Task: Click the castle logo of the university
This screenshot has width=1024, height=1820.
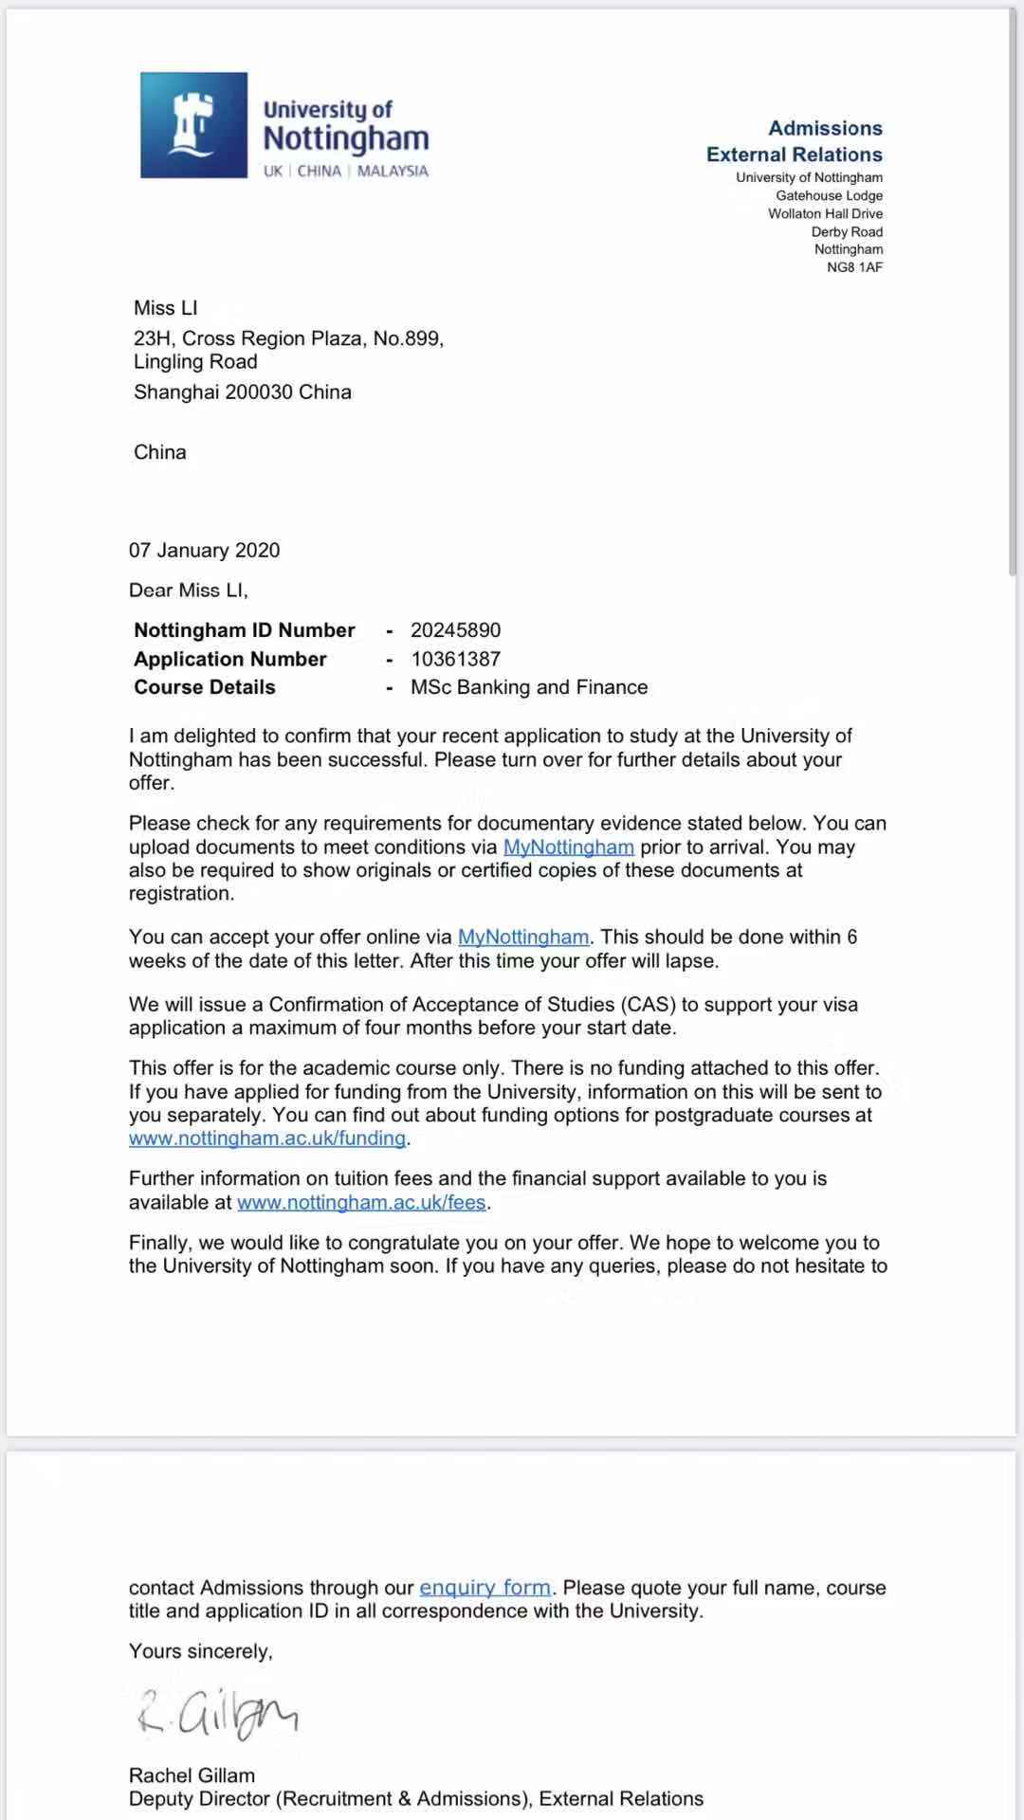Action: tap(193, 125)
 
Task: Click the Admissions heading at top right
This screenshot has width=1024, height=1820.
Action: tap(825, 128)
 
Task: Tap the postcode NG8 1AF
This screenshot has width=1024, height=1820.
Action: tap(854, 267)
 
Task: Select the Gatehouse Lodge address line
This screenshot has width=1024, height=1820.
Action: tap(829, 195)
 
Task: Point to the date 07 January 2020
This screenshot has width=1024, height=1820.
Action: tap(205, 551)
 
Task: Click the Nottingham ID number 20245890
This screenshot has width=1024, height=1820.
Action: tap(455, 630)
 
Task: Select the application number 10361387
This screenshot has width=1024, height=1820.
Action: tap(455, 659)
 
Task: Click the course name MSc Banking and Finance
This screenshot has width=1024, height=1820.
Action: tap(529, 687)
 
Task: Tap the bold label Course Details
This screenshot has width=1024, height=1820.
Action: tap(205, 687)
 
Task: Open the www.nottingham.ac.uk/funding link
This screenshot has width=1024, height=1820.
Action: tap(267, 1138)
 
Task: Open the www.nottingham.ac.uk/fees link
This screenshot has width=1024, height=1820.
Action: tap(361, 1203)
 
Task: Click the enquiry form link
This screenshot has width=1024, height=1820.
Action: tap(485, 1588)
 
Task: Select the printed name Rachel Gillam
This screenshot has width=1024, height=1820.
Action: tap(192, 1775)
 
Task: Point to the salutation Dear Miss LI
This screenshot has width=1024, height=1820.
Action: tap(189, 591)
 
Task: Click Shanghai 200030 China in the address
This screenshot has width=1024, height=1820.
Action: tap(243, 392)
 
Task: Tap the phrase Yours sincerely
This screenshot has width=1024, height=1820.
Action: tap(201, 1651)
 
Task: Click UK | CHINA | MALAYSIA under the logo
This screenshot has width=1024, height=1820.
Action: tap(346, 172)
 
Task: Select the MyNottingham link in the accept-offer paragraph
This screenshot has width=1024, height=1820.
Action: tap(523, 937)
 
